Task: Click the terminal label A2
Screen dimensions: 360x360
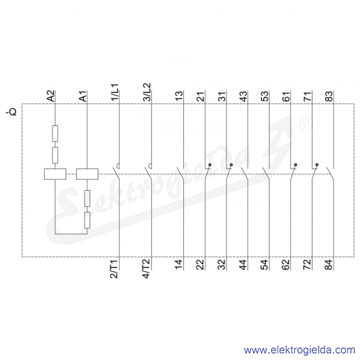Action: point(51,96)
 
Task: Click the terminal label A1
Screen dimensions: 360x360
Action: point(83,96)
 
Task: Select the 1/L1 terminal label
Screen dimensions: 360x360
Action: point(115,92)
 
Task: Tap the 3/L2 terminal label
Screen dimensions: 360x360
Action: point(147,92)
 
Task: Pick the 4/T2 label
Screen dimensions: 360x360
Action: point(147,268)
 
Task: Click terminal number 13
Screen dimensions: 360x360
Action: point(179,96)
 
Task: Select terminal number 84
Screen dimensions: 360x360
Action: point(329,264)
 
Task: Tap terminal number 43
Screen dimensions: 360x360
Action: point(243,96)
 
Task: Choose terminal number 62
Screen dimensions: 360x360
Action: point(286,264)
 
